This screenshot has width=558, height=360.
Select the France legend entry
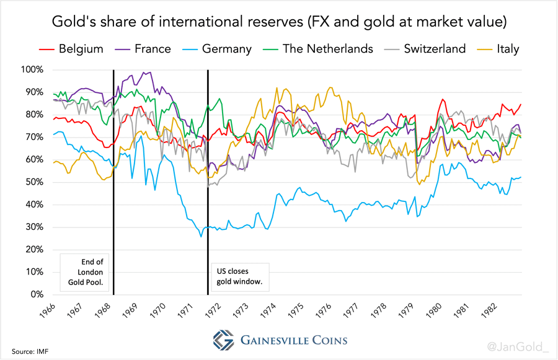pos(143,48)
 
